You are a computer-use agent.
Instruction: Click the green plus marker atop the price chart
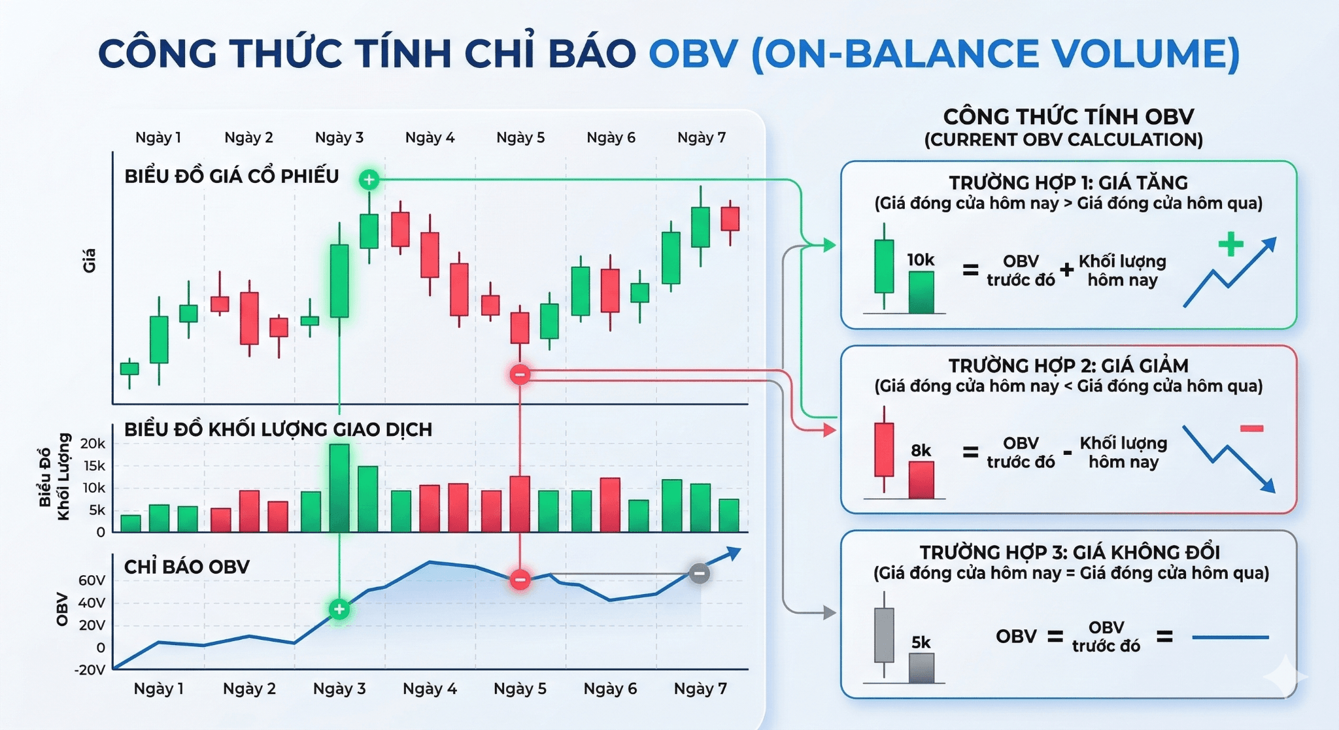coord(369,179)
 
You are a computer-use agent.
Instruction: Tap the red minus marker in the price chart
coord(520,374)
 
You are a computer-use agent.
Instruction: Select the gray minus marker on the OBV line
coord(699,574)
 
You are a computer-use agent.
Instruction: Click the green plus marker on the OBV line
coord(339,609)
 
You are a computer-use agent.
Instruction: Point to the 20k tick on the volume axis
coord(93,444)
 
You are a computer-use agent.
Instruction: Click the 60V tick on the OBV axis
coord(92,580)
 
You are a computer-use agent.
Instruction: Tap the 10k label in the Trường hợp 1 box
coord(921,260)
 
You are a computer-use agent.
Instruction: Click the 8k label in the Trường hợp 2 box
coord(921,450)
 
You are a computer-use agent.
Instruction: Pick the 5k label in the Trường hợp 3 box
coord(921,642)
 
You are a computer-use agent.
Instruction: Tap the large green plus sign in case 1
coord(1230,244)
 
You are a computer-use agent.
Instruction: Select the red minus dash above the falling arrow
coord(1251,429)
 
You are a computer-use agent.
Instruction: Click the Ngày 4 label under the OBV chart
coord(430,688)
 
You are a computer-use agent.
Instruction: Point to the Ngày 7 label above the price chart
coord(702,137)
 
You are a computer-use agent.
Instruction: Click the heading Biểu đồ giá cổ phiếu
coord(231,176)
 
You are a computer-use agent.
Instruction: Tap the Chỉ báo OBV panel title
coord(187,567)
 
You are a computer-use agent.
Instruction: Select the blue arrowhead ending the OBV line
coord(734,554)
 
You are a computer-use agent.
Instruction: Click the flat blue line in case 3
coord(1230,637)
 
